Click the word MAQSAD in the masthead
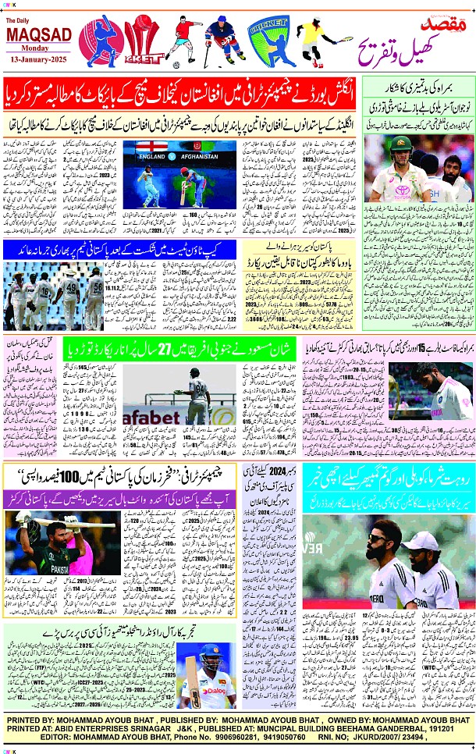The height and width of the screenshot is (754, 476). pyautogui.click(x=39, y=35)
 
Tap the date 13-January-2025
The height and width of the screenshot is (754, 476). pyautogui.click(x=39, y=59)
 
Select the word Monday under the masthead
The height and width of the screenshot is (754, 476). pyautogui.click(x=39, y=48)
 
